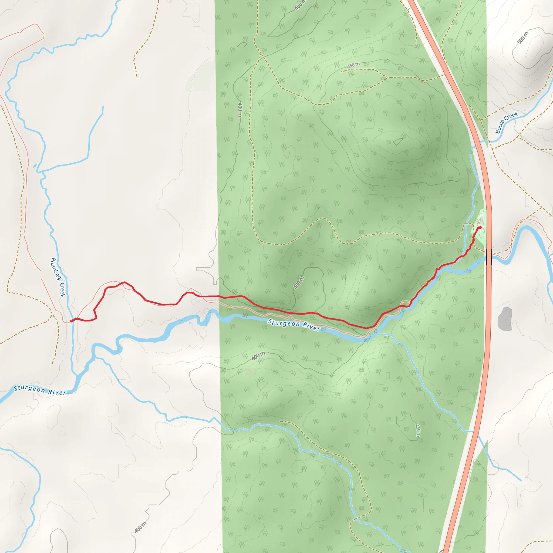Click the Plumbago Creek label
pos(58,277)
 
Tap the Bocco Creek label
pos(506,123)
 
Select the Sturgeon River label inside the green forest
pos(294,325)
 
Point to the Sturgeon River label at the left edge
pos(40,390)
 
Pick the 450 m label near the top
pos(353,65)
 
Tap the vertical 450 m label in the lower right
pos(418,430)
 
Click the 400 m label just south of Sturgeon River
pos(258,356)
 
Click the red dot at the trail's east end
pos(480,228)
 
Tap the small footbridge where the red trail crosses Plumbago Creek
pos(73,320)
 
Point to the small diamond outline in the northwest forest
pos(242,45)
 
